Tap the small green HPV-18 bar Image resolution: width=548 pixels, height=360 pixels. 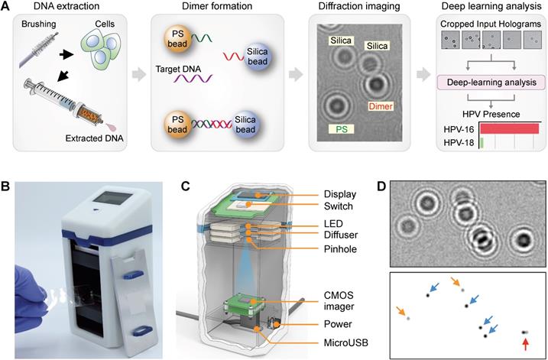(482, 142)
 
